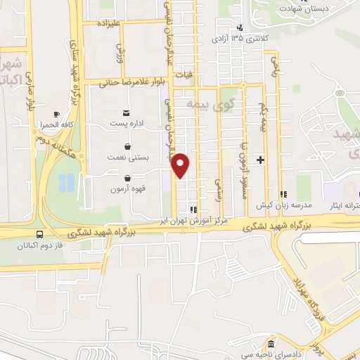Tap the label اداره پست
coord(127,122)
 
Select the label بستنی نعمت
coord(127,158)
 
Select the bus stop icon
coord(39,234)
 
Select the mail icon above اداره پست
coord(127,112)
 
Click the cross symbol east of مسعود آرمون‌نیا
coord(260,160)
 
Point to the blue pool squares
coord(66,183)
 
